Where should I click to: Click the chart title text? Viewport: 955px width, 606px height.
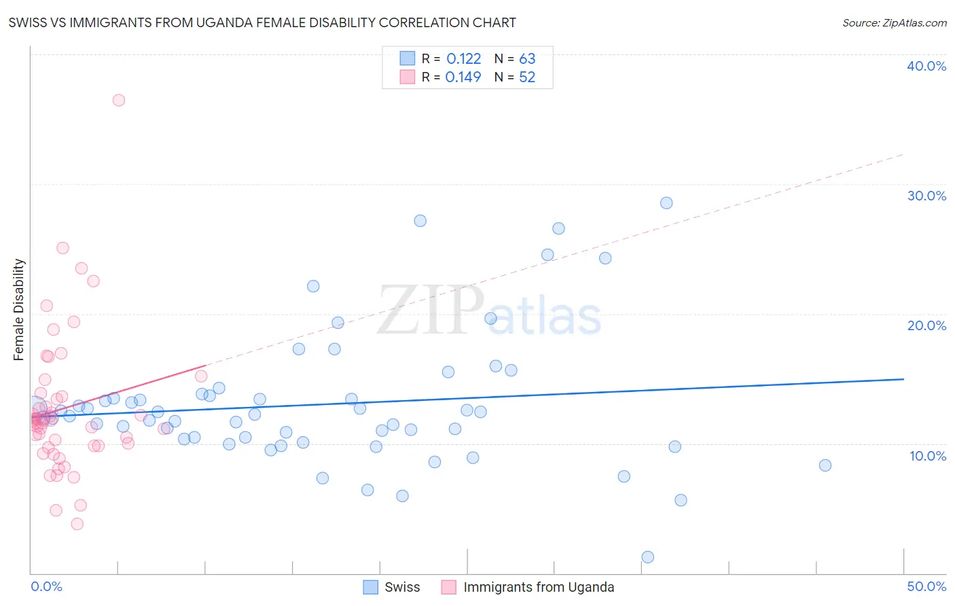pyautogui.click(x=262, y=23)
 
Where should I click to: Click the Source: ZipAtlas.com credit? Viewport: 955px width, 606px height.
pyautogui.click(x=894, y=23)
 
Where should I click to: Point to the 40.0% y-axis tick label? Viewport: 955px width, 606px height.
pyautogui.click(x=926, y=66)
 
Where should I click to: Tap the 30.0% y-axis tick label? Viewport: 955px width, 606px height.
pyautogui.click(x=926, y=196)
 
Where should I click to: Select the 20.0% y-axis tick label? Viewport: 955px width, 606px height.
pyautogui.click(x=926, y=325)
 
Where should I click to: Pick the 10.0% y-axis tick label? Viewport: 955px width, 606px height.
pyautogui.click(x=927, y=456)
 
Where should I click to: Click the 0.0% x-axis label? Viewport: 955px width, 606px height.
pyautogui.click(x=46, y=586)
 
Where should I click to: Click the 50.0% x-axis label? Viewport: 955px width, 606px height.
pyautogui.click(x=926, y=586)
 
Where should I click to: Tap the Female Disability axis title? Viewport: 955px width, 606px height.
pyautogui.click(x=19, y=309)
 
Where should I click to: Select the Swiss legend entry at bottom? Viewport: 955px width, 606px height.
pyautogui.click(x=392, y=587)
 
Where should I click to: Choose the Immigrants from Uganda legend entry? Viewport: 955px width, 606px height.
pyautogui.click(x=528, y=587)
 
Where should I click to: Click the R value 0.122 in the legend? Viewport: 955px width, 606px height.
pyautogui.click(x=463, y=59)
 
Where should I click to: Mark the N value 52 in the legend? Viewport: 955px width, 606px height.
pyautogui.click(x=527, y=77)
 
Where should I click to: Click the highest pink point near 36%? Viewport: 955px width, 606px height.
pyautogui.click(x=119, y=100)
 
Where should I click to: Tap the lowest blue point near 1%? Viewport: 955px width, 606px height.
pyautogui.click(x=648, y=557)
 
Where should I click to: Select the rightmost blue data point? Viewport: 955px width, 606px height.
pyautogui.click(x=825, y=465)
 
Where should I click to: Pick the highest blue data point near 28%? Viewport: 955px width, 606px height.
pyautogui.click(x=666, y=203)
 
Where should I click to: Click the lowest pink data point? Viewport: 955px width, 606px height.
pyautogui.click(x=77, y=524)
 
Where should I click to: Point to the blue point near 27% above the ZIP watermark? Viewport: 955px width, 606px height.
pyautogui.click(x=420, y=221)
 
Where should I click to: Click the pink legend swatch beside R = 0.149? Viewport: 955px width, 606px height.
pyautogui.click(x=407, y=77)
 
